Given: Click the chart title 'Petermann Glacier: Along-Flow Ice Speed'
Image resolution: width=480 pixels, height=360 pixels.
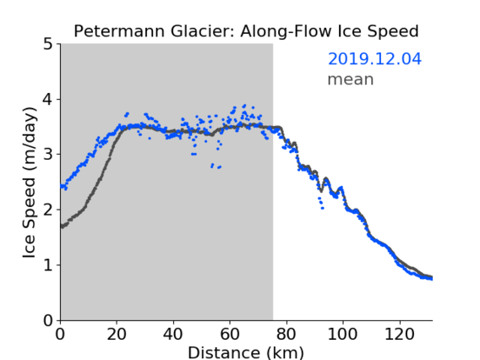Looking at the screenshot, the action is click(x=246, y=31).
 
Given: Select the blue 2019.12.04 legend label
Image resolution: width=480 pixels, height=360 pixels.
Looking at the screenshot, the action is click(x=374, y=59).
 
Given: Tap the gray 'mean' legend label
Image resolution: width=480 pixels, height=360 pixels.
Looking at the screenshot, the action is click(x=351, y=79).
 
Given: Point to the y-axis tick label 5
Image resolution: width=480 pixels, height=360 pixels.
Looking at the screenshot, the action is click(x=48, y=44).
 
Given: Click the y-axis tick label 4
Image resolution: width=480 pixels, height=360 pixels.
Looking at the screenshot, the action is click(x=48, y=99).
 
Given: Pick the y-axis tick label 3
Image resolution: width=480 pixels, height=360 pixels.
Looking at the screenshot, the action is click(x=48, y=155).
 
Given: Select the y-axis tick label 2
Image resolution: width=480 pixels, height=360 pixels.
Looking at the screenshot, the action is click(x=48, y=210).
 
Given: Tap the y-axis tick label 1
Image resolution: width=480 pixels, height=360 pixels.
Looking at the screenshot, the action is click(x=48, y=265).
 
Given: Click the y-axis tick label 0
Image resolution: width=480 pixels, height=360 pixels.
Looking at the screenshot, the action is click(x=48, y=320).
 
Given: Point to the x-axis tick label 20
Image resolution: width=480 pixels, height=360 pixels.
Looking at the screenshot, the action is click(x=117, y=334).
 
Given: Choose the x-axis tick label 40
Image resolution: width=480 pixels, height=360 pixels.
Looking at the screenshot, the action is click(x=173, y=334).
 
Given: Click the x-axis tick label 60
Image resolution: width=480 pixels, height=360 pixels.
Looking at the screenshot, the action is click(x=230, y=334).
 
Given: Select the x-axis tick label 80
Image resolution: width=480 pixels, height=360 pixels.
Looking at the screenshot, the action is click(x=286, y=334).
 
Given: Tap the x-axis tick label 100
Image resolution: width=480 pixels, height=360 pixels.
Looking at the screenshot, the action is click(x=342, y=334).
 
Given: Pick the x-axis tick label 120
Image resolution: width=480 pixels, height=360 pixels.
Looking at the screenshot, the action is click(x=399, y=334).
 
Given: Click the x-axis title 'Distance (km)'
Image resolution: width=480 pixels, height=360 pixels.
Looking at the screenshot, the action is click(x=246, y=352).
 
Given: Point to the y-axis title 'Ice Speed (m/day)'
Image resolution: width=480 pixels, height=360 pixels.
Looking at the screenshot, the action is click(x=30, y=183).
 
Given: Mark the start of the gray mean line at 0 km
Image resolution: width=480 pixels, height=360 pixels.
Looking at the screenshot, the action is click(x=62, y=226).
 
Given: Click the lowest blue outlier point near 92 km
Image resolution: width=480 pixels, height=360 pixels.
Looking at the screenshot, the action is click(x=322, y=208).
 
